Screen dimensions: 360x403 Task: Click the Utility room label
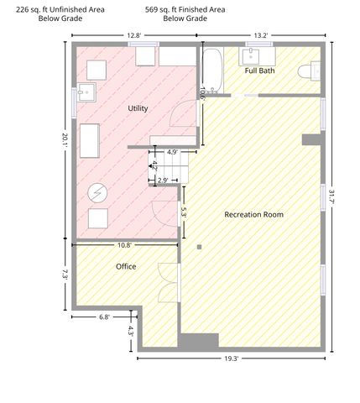pyautogui.click(x=138, y=108)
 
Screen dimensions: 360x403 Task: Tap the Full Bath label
pyautogui.click(x=259, y=71)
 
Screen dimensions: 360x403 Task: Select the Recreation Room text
pyautogui.click(x=254, y=215)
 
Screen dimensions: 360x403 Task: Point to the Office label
pyautogui.click(x=126, y=266)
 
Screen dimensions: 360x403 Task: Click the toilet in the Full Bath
pyautogui.click(x=309, y=71)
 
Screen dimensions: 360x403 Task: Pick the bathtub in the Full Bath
pyautogui.click(x=212, y=71)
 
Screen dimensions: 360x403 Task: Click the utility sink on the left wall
pyautogui.click(x=86, y=92)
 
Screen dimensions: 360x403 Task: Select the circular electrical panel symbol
pyautogui.click(x=97, y=193)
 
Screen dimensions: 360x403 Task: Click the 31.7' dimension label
pyautogui.click(x=331, y=196)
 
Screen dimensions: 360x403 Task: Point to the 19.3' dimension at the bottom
pyautogui.click(x=231, y=359)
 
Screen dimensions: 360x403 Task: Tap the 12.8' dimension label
pyautogui.click(x=134, y=35)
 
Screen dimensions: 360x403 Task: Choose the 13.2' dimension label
pyautogui.click(x=261, y=35)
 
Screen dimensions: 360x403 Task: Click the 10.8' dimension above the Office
pyautogui.click(x=124, y=245)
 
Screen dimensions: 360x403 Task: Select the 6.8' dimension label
pyautogui.click(x=104, y=317)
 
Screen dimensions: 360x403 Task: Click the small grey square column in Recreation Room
pyautogui.click(x=199, y=247)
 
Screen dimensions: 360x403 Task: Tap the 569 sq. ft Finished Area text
pyautogui.click(x=185, y=10)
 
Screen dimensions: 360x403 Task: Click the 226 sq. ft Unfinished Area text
pyautogui.click(x=60, y=10)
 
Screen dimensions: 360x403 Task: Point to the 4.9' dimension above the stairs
pyautogui.click(x=172, y=152)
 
